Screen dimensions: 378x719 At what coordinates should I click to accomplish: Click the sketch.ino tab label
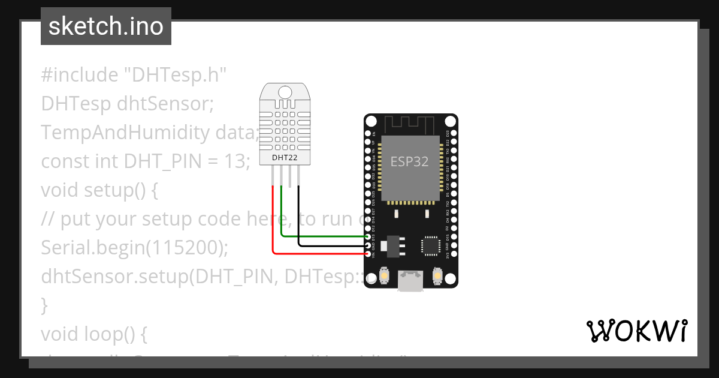pyautogui.click(x=106, y=26)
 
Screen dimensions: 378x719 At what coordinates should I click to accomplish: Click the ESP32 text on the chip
pyautogui.click(x=409, y=161)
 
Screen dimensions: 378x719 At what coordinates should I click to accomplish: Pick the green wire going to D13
pyautogui.click(x=324, y=236)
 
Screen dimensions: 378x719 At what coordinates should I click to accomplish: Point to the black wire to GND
pyautogui.click(x=336, y=245)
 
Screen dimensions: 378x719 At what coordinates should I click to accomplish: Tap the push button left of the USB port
pyautogui.click(x=385, y=277)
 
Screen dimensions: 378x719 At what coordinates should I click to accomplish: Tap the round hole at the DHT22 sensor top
pyautogui.click(x=285, y=92)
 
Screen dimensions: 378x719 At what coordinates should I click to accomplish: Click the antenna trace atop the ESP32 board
pyautogui.click(x=411, y=125)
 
